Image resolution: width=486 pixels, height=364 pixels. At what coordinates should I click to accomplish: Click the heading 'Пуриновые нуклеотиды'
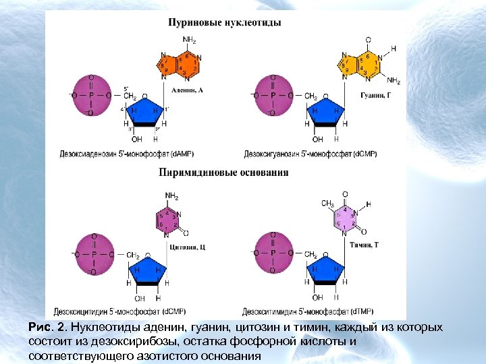coord(225,22)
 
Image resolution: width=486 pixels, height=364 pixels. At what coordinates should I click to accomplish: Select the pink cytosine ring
coord(170,219)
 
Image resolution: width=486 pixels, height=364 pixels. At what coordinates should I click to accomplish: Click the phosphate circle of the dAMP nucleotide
coord(90,96)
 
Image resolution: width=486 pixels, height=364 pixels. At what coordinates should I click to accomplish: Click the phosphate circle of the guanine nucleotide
coord(273,96)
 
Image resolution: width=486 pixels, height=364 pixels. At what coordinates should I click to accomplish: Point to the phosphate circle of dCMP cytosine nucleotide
coord(93,255)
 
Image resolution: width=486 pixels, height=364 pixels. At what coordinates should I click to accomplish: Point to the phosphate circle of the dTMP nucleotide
coord(273,254)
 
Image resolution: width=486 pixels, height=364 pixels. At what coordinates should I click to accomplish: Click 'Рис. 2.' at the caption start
coord(48,328)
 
